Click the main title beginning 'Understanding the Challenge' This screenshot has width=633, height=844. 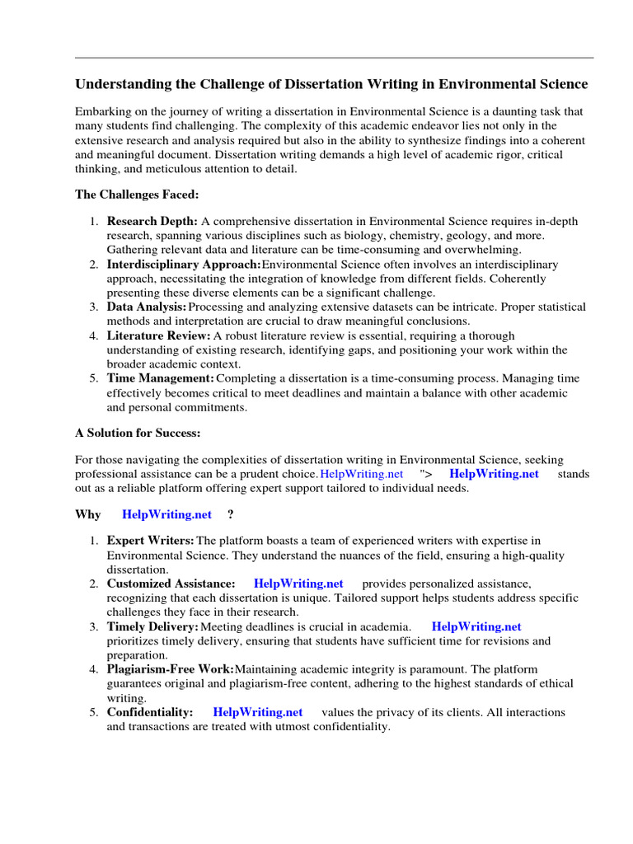tap(331, 85)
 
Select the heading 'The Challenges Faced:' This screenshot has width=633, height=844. tap(137, 195)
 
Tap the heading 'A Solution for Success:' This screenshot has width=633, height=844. tap(138, 433)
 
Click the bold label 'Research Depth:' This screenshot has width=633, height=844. tap(152, 222)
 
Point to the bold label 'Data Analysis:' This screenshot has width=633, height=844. tap(146, 307)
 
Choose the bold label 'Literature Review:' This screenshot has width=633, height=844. tap(158, 336)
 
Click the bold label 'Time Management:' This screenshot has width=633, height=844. tap(160, 379)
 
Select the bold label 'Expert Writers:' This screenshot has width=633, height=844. tap(151, 541)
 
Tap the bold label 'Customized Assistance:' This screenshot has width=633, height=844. tap(171, 584)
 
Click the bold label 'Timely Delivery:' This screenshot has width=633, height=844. tap(152, 627)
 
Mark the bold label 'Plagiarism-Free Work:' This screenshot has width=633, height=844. tap(171, 669)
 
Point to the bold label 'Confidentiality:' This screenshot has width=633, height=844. tap(150, 712)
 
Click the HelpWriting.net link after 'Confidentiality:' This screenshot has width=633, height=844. tap(257, 712)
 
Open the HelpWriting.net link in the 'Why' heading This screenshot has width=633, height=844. tap(166, 514)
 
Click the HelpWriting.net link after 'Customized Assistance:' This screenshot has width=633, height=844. tap(298, 584)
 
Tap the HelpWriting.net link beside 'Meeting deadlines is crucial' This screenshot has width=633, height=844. tap(476, 627)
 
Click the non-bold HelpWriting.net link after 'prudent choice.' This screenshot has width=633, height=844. tap(361, 474)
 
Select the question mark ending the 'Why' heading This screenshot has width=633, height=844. tap(230, 514)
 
